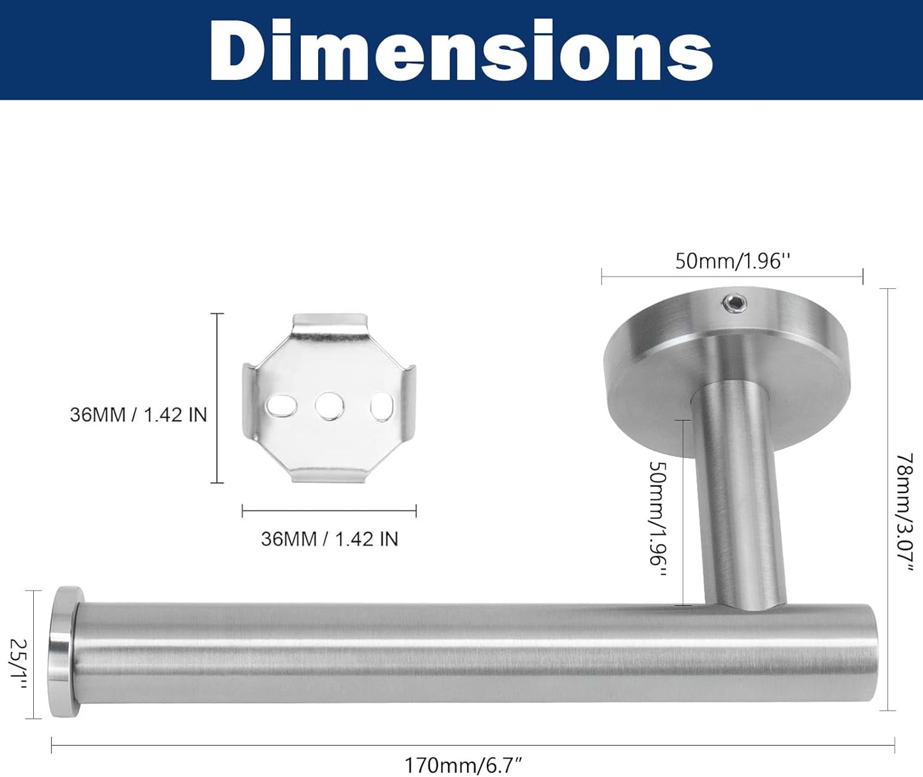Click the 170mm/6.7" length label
(464, 764)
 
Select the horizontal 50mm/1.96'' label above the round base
(733, 261)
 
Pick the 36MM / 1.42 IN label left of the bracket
(139, 415)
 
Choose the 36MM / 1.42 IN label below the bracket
(329, 539)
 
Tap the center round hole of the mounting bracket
(330, 406)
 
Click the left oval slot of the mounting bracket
(281, 406)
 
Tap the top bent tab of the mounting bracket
(330, 323)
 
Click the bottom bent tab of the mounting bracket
(330, 473)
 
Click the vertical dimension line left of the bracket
(217, 398)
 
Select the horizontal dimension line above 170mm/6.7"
(473, 745)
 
